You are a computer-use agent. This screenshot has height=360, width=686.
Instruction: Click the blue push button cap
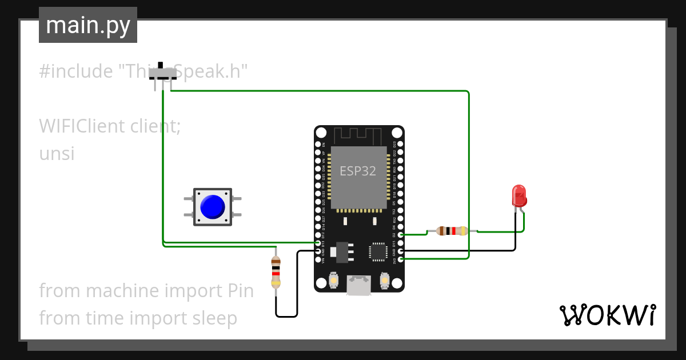(x=213, y=206)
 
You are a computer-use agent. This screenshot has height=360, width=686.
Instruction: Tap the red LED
(x=519, y=196)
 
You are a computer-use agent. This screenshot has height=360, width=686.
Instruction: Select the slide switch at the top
(x=162, y=74)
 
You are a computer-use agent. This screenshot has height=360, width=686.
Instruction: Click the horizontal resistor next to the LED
(x=452, y=231)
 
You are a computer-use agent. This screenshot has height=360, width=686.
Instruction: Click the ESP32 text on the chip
(x=358, y=171)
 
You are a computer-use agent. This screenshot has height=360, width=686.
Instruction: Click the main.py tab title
(x=88, y=25)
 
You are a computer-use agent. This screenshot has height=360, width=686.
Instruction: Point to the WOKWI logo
(x=607, y=315)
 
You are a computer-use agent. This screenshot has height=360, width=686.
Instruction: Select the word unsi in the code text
(x=57, y=154)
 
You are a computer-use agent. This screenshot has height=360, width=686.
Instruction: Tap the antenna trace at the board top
(x=358, y=136)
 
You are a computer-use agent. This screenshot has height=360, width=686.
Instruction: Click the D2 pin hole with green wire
(x=401, y=234)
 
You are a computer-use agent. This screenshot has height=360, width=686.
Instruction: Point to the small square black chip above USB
(x=378, y=251)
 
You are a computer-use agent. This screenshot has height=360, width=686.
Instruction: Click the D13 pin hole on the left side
(x=318, y=243)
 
